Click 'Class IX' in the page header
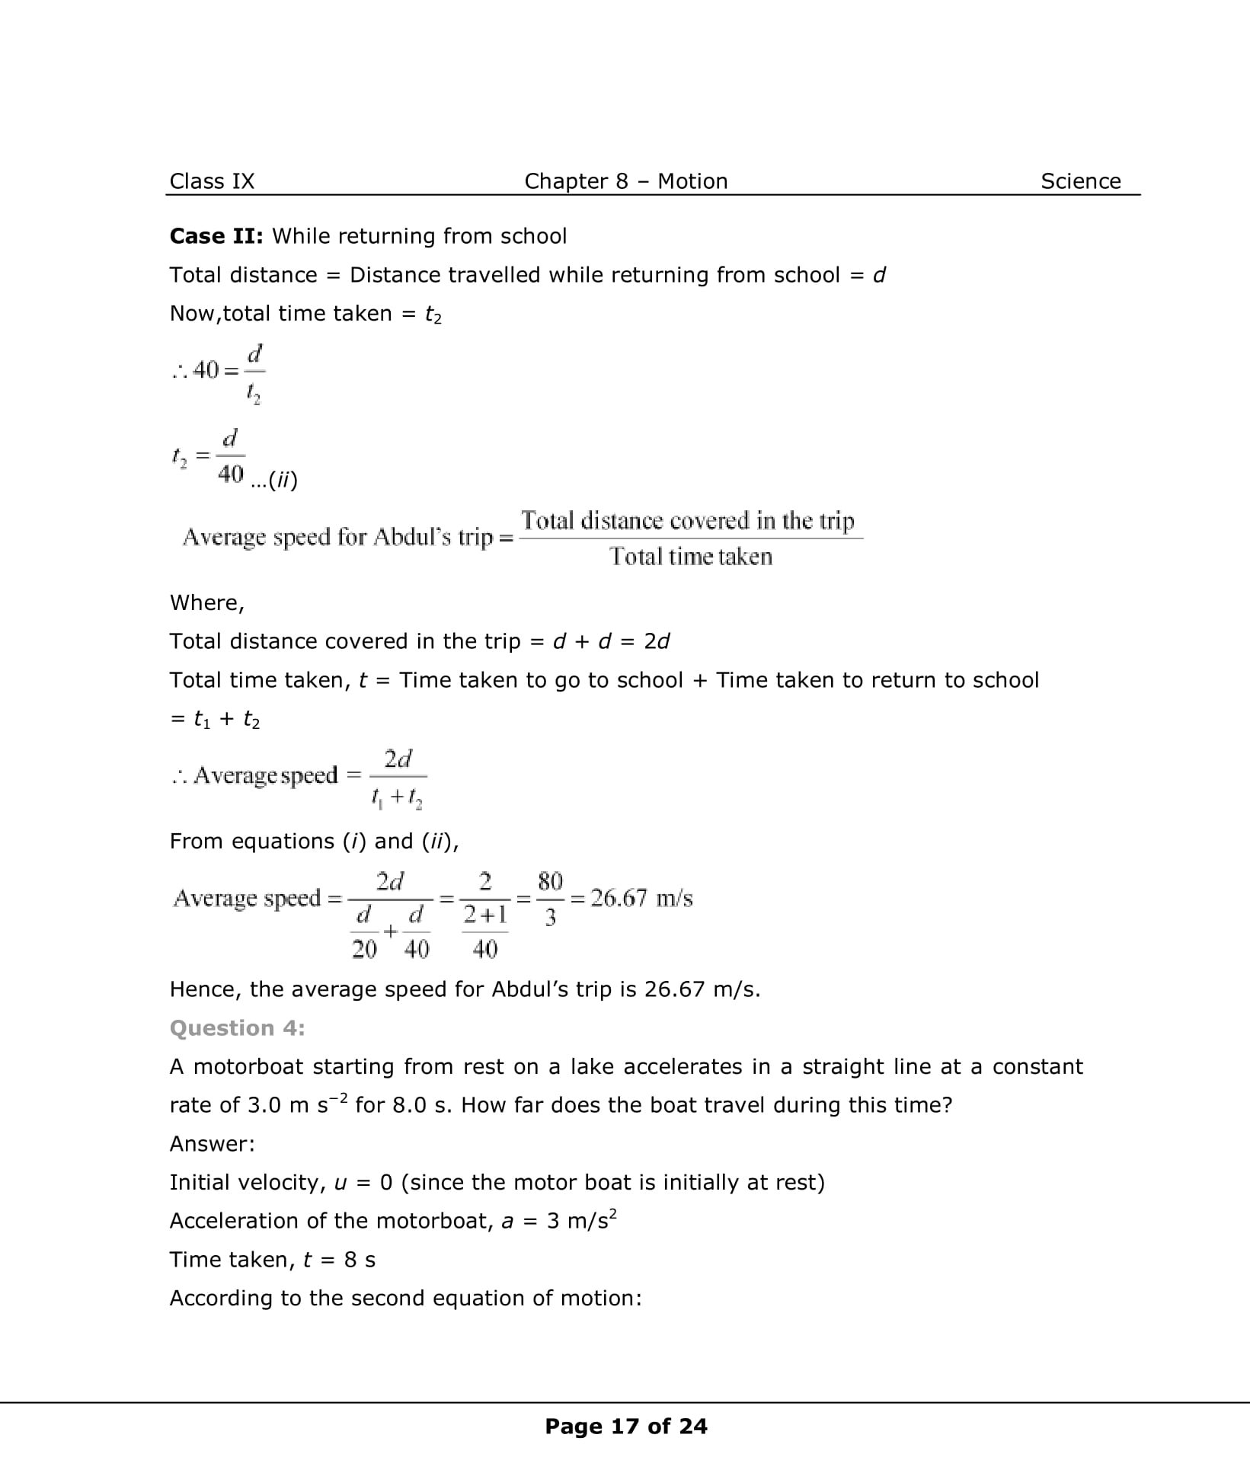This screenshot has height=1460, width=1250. tap(212, 181)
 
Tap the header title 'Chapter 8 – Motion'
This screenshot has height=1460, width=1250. tap(625, 181)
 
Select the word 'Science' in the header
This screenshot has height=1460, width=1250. tap(1080, 181)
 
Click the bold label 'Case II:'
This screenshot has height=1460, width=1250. tap(216, 236)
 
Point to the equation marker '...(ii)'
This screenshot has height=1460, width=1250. tap(274, 481)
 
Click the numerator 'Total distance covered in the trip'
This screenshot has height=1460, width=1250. tap(688, 521)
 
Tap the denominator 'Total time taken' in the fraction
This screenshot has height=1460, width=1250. tap(690, 557)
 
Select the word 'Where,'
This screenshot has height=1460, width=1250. tap(207, 603)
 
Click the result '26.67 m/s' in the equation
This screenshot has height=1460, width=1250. tap(641, 899)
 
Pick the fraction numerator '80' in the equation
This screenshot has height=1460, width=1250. tap(550, 882)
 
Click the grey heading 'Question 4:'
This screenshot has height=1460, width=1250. tap(237, 1028)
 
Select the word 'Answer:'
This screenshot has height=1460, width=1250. tap(212, 1144)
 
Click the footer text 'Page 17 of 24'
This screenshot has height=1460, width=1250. tap(625, 1426)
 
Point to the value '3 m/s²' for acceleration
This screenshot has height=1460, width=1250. tap(581, 1221)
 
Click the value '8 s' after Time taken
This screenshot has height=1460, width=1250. tap(360, 1260)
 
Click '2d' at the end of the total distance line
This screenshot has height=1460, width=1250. tap(656, 641)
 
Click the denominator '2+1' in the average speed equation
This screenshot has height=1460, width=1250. tap(485, 915)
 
